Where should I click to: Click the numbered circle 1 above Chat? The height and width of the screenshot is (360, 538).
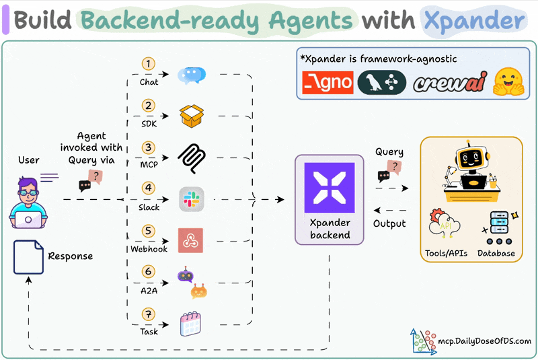click(149, 65)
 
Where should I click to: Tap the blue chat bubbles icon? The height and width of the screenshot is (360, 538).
click(191, 75)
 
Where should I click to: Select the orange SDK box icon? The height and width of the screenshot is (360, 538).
click(191, 115)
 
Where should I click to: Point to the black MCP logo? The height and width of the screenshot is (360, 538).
click(191, 157)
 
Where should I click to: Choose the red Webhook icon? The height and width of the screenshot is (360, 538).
click(191, 240)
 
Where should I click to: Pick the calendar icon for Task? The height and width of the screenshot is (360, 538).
click(191, 325)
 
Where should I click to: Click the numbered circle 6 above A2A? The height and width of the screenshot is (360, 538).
click(149, 271)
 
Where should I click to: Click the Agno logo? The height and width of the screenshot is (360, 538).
click(328, 83)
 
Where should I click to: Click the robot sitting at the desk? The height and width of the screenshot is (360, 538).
click(470, 165)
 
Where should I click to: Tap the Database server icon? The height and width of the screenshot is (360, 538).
click(500, 227)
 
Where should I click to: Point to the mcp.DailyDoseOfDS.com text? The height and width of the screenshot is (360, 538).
click(483, 342)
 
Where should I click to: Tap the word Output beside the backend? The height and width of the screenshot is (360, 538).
click(389, 223)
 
